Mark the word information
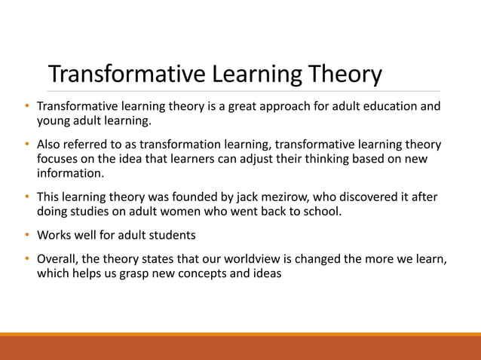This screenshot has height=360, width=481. click(70, 173)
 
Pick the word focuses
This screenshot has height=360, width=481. click(59, 159)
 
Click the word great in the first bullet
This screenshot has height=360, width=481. click(228, 106)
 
